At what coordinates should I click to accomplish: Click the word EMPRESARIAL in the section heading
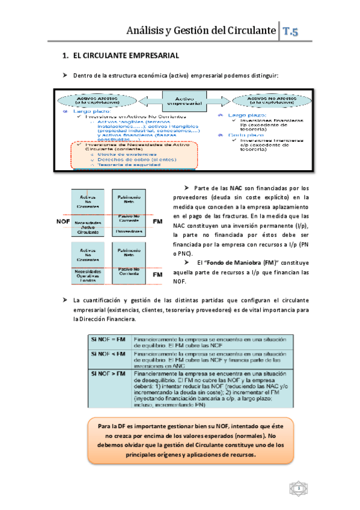(145, 55)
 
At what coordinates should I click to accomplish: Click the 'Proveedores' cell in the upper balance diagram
(130, 232)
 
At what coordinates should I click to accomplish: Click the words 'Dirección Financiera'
(105, 319)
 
